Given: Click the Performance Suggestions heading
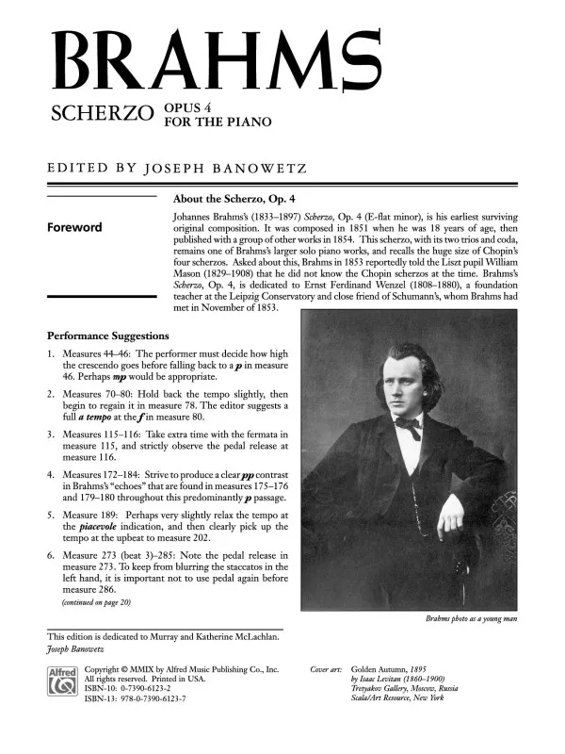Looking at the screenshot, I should pos(108,336).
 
